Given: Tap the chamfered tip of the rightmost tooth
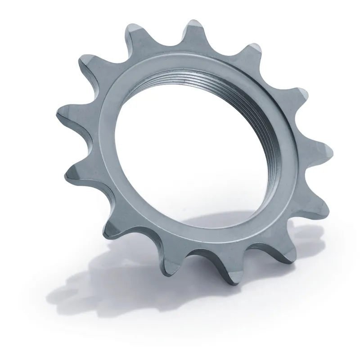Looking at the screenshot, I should [328, 148].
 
